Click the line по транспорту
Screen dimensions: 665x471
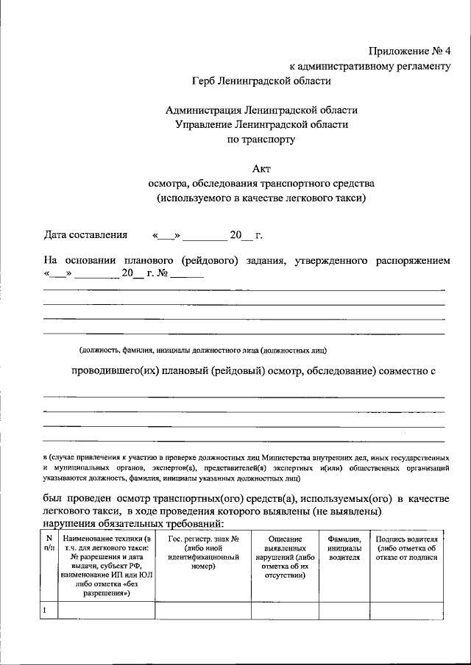[x=261, y=138]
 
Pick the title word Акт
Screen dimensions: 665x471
[x=261, y=168]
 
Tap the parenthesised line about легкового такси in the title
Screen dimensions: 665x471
[x=261, y=197]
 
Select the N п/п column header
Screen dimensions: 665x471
[x=48, y=544]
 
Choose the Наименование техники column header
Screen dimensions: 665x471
[x=106, y=567]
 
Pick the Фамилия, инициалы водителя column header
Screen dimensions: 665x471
[x=343, y=548]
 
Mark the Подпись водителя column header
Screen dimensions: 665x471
[x=406, y=548]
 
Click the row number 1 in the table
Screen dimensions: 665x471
[x=46, y=611]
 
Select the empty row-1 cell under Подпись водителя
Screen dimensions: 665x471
[x=406, y=611]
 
